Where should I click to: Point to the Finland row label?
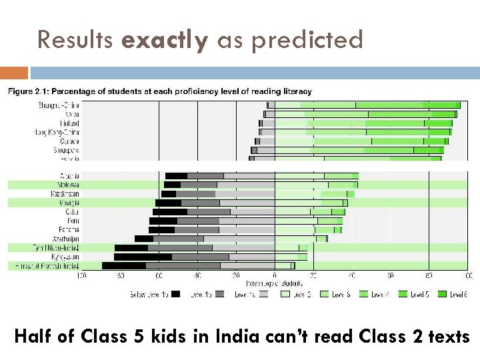[67, 123]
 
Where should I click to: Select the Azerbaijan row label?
[65, 239]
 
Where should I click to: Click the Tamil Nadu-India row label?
[57, 247]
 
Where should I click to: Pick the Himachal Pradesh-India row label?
[47, 265]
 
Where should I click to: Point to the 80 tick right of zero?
[429, 275]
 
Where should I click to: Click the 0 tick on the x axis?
[274, 275]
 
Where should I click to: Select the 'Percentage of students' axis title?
[275, 283]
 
